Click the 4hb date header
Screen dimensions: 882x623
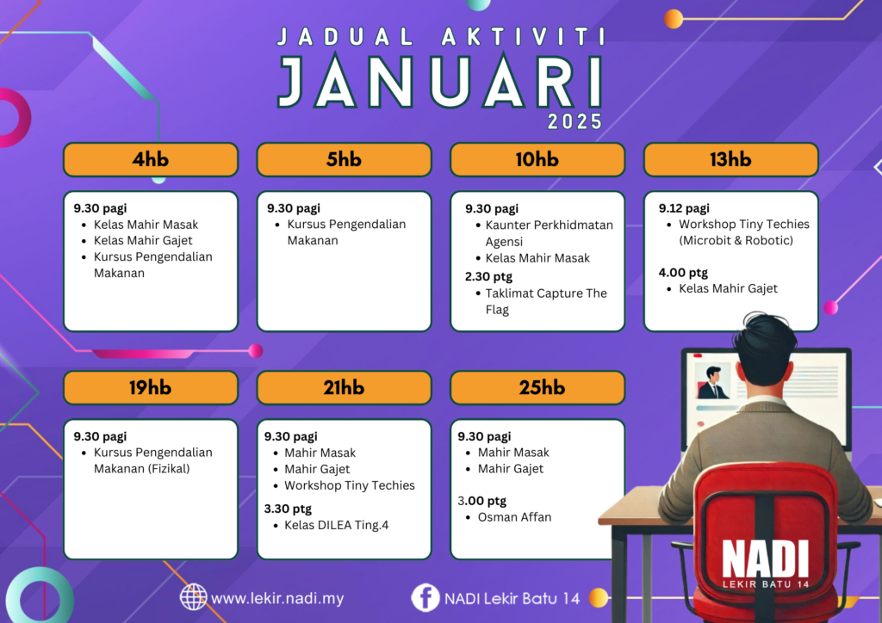[151, 159]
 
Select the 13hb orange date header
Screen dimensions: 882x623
[730, 159]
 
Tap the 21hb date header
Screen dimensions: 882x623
[344, 387]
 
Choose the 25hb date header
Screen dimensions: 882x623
[537, 387]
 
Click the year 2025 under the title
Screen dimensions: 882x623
[575, 122]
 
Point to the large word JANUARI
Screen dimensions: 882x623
[440, 82]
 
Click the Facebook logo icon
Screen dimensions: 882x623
[425, 597]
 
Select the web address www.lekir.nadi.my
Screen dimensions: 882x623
[277, 598]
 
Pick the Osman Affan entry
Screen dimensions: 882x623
[514, 517]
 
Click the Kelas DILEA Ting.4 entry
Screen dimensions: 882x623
[337, 525]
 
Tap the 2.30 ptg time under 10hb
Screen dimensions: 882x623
[488, 276]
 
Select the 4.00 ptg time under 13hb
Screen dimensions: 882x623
[683, 273]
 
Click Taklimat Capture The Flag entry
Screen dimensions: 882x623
[545, 301]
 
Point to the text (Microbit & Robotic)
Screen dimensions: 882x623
[736, 240]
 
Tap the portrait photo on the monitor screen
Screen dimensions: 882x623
[713, 381]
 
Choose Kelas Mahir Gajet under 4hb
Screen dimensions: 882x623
[143, 240]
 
